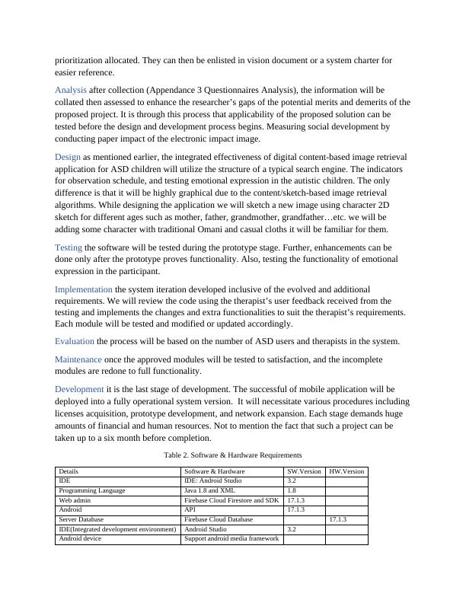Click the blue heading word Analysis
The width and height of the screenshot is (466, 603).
click(x=71, y=90)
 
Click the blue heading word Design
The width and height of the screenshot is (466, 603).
click(x=69, y=157)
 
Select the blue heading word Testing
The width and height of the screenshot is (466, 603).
click(x=69, y=247)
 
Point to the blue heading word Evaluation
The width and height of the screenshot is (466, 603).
click(x=75, y=341)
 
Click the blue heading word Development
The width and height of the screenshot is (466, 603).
click(x=79, y=388)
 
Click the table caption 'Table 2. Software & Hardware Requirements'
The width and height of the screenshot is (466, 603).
click(x=232, y=455)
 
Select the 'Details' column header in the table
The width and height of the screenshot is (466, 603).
click(x=69, y=472)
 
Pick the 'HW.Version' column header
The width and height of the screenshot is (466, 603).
click(x=346, y=472)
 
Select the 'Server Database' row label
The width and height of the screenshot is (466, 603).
click(x=79, y=519)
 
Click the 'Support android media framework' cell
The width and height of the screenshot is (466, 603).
click(x=231, y=539)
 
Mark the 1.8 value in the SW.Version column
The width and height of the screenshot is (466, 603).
click(x=292, y=491)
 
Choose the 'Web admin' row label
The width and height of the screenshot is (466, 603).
click(x=74, y=500)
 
